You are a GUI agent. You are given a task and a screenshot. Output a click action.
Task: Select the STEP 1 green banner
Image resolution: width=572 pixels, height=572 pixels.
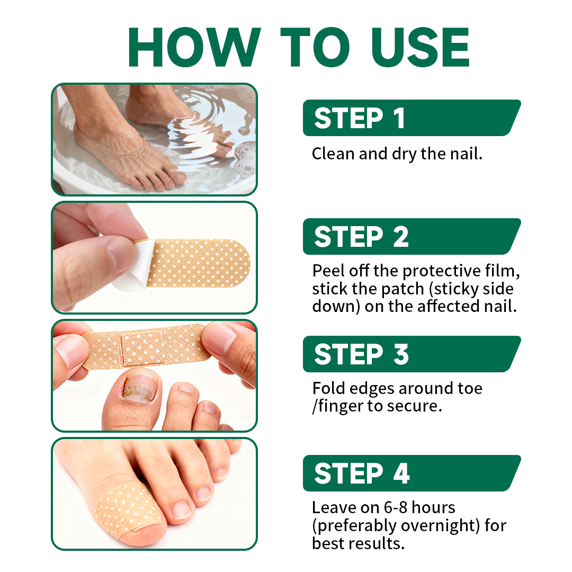411,118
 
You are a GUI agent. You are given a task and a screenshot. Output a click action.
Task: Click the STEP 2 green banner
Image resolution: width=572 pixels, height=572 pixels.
411,236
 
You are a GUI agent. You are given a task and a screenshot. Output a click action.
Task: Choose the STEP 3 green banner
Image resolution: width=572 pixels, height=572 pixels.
411,354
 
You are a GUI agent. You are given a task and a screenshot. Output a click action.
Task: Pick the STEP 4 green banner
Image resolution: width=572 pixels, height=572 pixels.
411,473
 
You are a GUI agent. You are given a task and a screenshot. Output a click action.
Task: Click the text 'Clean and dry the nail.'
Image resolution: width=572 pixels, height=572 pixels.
397,154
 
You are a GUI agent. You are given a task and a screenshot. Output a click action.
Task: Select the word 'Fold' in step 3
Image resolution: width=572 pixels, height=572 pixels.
327,388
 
